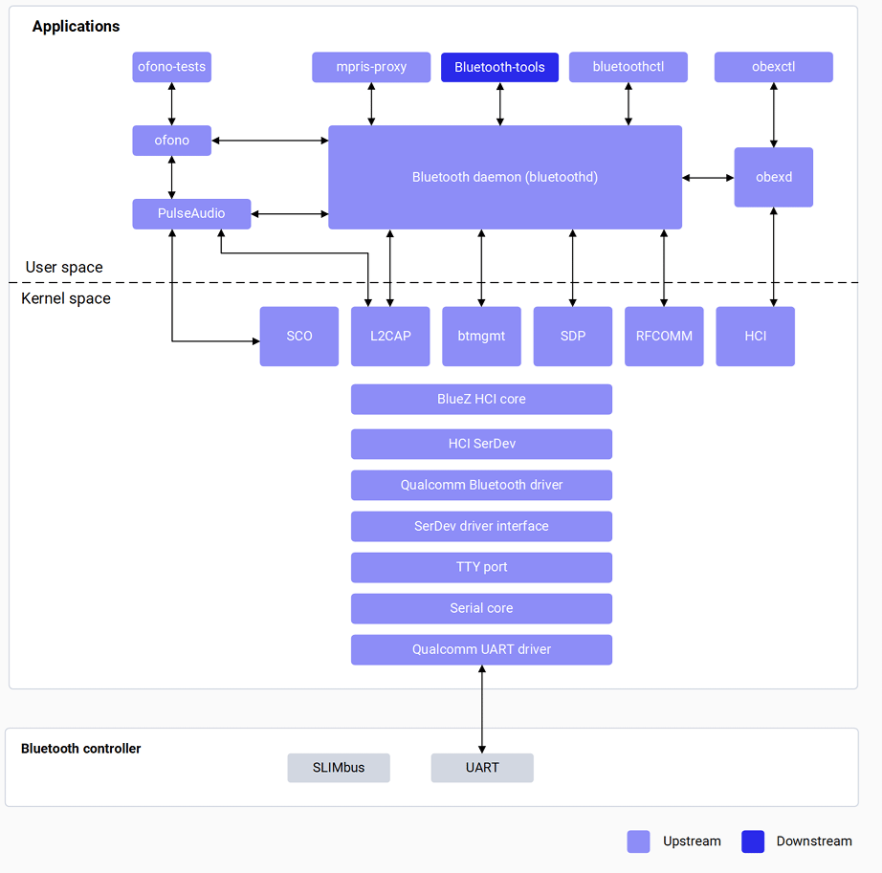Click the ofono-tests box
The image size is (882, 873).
[171, 67]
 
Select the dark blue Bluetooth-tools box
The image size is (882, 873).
[499, 67]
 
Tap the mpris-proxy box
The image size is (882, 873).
[371, 67]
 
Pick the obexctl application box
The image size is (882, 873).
[774, 67]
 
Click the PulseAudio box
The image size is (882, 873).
[191, 213]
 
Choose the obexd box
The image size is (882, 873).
[774, 177]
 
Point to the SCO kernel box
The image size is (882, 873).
[299, 337]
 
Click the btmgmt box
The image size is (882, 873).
[481, 337]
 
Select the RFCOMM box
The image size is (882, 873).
[664, 337]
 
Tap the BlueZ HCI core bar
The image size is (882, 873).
[481, 399]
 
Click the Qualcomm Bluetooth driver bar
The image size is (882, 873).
[481, 485]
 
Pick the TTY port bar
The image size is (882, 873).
[481, 567]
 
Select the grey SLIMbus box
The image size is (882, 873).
[339, 768]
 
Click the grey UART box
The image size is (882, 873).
[482, 768]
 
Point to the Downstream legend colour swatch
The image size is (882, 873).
[753, 841]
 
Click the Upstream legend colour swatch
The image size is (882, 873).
[638, 841]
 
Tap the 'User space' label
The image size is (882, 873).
[64, 267]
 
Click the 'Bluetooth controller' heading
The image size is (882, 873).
[81, 749]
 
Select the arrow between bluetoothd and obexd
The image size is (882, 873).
[708, 178]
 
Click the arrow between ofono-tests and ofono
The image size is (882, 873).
[172, 104]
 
